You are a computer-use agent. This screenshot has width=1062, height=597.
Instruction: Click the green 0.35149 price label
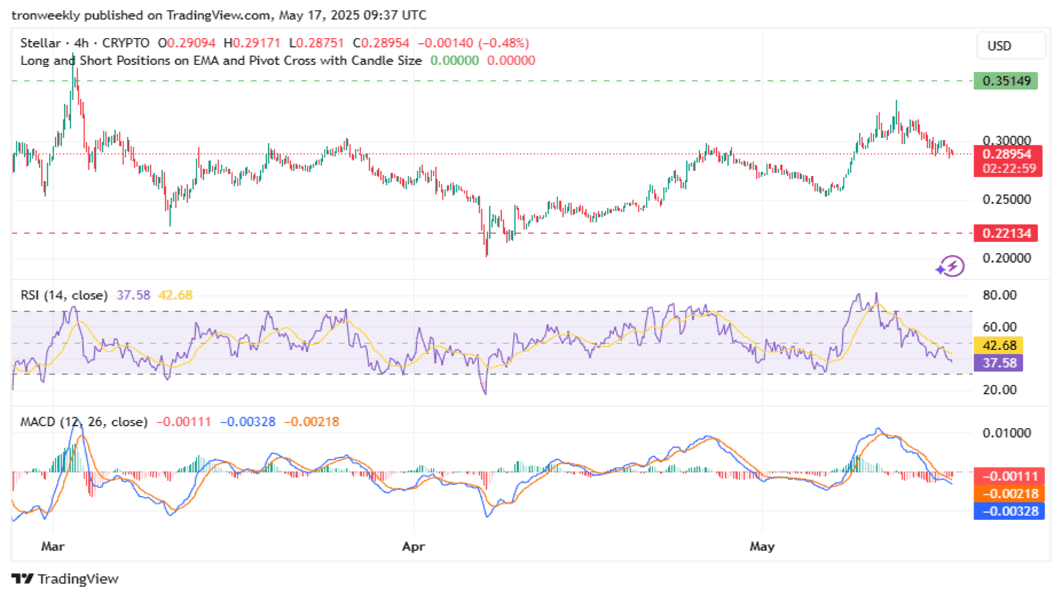click(1006, 81)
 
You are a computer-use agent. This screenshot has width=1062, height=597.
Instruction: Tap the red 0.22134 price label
click(1006, 233)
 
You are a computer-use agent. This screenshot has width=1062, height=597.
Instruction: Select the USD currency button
click(1011, 46)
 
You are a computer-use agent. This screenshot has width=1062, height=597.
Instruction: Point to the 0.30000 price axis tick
click(1006, 140)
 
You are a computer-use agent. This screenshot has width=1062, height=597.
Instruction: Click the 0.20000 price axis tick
click(1006, 258)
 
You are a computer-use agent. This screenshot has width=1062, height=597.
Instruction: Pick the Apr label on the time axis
click(414, 547)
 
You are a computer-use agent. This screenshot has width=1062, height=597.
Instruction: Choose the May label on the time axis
click(762, 547)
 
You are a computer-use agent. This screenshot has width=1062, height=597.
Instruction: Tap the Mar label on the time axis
click(52, 547)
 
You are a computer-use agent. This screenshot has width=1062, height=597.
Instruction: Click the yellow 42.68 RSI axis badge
click(998, 345)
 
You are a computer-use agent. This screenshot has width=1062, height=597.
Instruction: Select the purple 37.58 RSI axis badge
click(998, 363)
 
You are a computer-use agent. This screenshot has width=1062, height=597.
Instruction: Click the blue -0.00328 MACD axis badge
click(1009, 511)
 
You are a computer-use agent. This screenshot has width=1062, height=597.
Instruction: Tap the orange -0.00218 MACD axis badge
click(1009, 494)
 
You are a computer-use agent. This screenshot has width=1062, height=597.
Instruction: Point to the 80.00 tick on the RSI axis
click(1000, 295)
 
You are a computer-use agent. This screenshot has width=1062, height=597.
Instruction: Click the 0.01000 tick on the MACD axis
click(1006, 432)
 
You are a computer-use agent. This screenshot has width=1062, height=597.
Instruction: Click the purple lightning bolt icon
click(950, 266)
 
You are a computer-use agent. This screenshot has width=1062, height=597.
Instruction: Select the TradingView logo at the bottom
click(65, 579)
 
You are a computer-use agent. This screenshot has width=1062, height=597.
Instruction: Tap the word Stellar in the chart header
click(40, 43)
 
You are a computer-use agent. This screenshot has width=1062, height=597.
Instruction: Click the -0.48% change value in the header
click(504, 43)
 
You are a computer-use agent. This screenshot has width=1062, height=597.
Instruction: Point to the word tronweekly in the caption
click(46, 16)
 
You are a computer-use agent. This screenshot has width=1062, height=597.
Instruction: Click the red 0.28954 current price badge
click(1008, 161)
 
